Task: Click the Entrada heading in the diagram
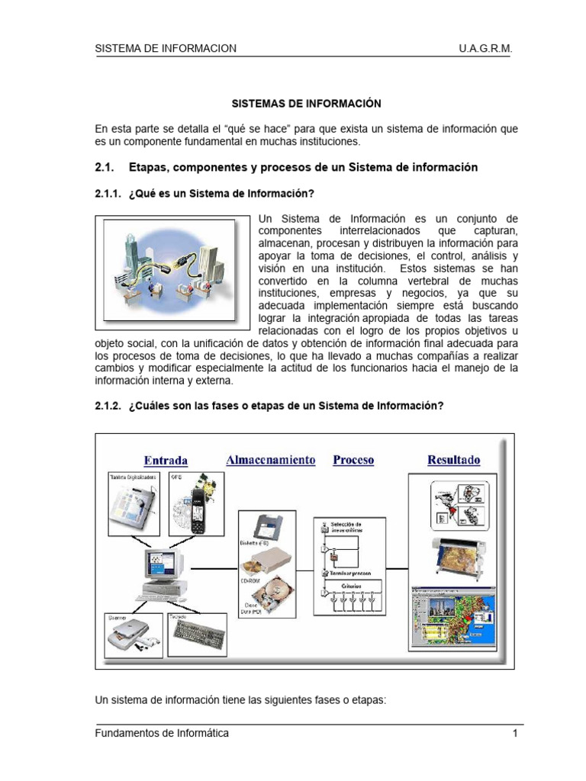click(166, 460)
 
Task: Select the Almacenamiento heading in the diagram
click(270, 460)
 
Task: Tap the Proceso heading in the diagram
click(353, 460)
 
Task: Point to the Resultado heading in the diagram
click(454, 460)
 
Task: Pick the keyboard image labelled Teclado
click(200, 632)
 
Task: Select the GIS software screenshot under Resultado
click(453, 617)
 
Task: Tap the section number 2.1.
click(104, 167)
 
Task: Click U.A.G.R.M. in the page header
click(486, 48)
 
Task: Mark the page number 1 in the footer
click(516, 734)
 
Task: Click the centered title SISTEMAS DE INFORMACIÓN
click(306, 102)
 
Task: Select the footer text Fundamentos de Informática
click(162, 734)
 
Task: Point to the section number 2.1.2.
click(108, 406)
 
